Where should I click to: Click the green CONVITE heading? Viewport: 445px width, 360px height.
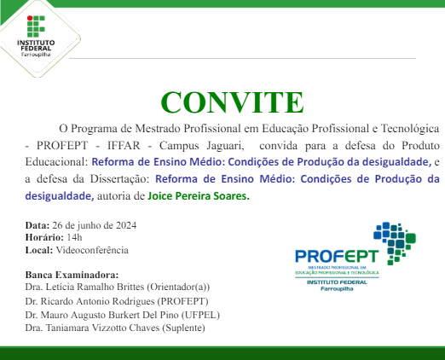pyautogui.click(x=231, y=102)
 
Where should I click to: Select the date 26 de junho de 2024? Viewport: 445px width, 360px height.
pyautogui.click(x=94, y=224)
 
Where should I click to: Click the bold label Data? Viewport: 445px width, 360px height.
pyautogui.click(x=38, y=224)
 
